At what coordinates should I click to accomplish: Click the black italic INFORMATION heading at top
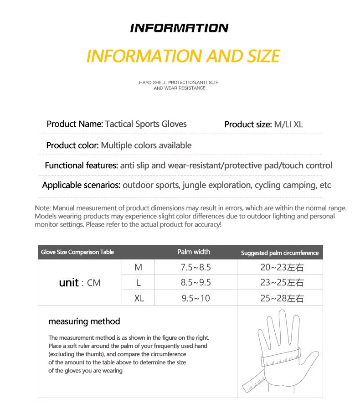click(x=179, y=28)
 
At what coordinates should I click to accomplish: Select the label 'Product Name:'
click(x=75, y=124)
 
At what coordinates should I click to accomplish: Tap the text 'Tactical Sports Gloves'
click(x=146, y=124)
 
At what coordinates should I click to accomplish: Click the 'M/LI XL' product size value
click(x=288, y=124)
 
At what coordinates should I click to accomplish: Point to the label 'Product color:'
click(x=72, y=145)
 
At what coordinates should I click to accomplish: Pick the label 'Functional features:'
click(x=81, y=166)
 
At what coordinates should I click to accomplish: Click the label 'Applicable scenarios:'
click(x=81, y=185)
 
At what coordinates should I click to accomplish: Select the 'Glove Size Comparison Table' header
click(x=77, y=252)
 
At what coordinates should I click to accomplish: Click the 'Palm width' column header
click(x=194, y=252)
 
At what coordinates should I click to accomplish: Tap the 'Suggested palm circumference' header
click(x=280, y=253)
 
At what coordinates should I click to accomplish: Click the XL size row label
click(x=139, y=299)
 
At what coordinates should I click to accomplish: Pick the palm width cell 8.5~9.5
click(x=196, y=283)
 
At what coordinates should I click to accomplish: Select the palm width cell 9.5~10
click(x=196, y=299)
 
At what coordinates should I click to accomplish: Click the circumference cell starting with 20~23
click(x=282, y=268)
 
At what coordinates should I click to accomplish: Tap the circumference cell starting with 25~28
click(x=282, y=299)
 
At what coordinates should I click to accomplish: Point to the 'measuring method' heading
click(x=84, y=321)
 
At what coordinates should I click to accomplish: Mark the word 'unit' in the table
click(x=69, y=283)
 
